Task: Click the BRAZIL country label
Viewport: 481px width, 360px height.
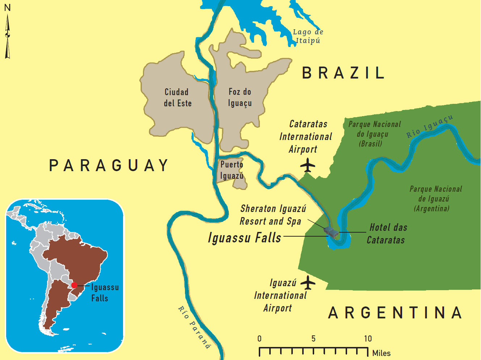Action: [x=343, y=73]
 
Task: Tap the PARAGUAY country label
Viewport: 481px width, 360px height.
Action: [x=109, y=166]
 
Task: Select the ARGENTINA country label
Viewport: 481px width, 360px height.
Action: [x=395, y=313]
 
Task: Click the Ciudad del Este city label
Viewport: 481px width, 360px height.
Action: [x=177, y=98]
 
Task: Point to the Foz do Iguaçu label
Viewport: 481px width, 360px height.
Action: [x=240, y=97]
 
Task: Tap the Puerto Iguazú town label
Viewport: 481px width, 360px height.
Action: [x=232, y=170]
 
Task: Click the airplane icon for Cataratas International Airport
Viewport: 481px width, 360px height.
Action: [x=308, y=166]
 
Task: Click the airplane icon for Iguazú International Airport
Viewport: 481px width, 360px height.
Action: [x=308, y=283]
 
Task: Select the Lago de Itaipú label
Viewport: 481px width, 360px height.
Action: [x=308, y=36]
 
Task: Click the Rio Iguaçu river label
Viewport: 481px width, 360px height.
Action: [x=429, y=127]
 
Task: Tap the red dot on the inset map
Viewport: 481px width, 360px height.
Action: [x=74, y=285]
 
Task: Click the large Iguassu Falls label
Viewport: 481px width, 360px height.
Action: [x=245, y=238]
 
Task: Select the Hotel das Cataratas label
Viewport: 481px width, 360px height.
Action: [x=387, y=234]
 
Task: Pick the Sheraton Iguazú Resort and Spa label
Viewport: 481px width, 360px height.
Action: [x=273, y=215]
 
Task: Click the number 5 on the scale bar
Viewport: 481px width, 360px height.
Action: [x=313, y=339]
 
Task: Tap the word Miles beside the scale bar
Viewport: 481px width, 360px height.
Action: [x=381, y=353]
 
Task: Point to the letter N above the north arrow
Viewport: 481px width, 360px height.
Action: [x=7, y=8]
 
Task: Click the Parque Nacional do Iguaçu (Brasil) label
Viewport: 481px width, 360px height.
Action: [x=374, y=134]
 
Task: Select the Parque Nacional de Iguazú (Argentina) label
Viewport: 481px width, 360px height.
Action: [x=435, y=199]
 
